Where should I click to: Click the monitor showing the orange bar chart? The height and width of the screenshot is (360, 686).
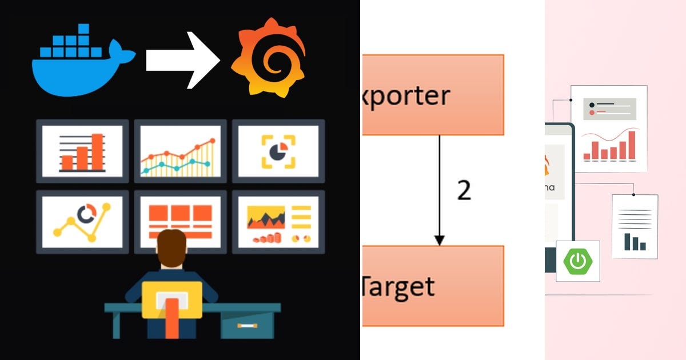coord(82,151)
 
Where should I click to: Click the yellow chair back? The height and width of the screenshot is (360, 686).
coord(171,297)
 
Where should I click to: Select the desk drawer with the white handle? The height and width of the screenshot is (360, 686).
coord(247,326)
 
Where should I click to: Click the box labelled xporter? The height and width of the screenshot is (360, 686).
coord(433,95)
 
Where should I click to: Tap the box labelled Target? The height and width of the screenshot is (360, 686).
coord(433,286)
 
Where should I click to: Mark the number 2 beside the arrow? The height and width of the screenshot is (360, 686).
coord(464,190)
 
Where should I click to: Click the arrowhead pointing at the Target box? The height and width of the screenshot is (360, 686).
coord(439,239)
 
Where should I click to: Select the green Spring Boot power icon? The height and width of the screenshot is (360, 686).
coord(578,261)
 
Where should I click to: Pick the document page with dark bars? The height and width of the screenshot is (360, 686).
coord(635,226)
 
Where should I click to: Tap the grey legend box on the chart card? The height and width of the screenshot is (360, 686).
coord(609,109)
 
